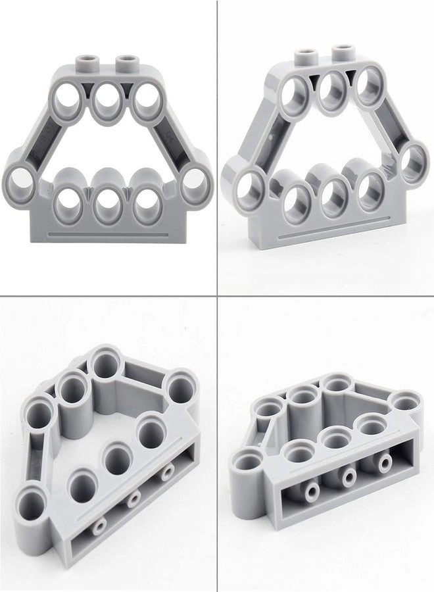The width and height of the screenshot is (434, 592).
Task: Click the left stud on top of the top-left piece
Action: point(88,62)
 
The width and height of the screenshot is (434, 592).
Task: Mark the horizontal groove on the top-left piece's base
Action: point(108,232)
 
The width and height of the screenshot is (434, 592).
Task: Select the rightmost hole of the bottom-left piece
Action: point(181,385)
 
